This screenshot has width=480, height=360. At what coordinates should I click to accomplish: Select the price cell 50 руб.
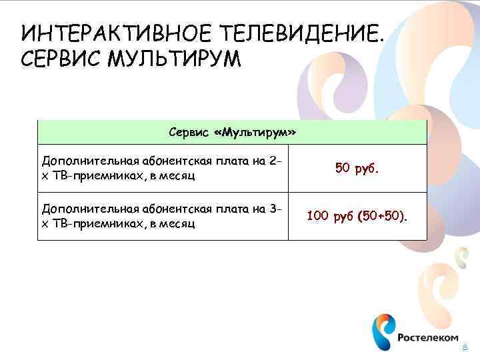357,169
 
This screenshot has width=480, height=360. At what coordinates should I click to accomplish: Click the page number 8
465,349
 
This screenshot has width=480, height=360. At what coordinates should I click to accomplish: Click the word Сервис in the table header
189,133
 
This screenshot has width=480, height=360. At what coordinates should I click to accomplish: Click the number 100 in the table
317,216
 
